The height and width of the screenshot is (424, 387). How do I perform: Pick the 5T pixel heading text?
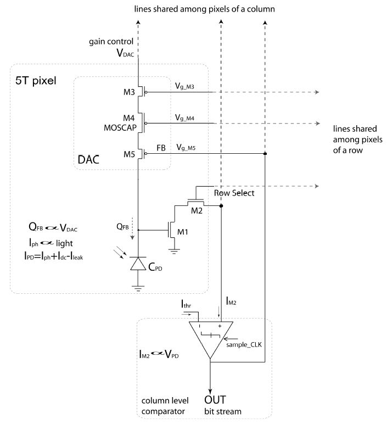[36, 80]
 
